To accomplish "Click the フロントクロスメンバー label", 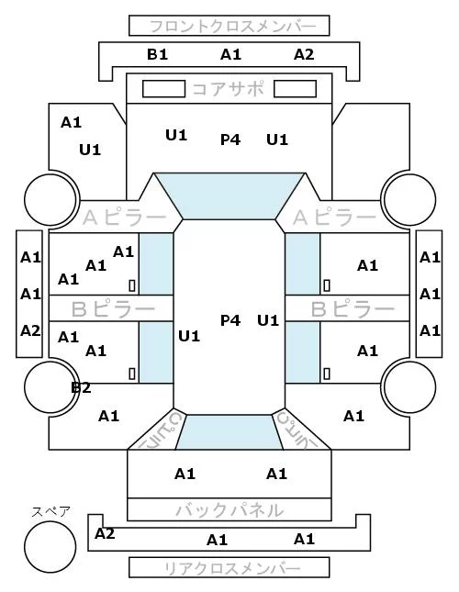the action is coord(232,26).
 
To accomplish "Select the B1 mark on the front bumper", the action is coord(157,54).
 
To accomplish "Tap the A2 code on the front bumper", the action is coord(304,54).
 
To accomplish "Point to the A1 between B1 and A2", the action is coord(230,54).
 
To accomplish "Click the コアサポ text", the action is coord(228,89).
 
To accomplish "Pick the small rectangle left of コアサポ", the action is coord(163,89).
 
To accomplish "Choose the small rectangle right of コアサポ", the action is coord(295,89).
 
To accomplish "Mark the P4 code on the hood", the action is coord(230,140).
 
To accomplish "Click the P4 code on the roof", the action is coord(230,320).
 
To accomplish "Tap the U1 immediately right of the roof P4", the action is coord(268,320).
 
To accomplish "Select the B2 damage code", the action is coord(81,387).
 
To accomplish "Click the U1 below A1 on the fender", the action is coord(90,150).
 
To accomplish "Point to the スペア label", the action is coord(51,512).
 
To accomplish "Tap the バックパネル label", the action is coord(229,510).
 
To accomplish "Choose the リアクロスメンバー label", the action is coord(232,568).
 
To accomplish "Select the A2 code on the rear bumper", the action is coord(105,533).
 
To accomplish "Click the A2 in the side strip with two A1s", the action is coord(30,330).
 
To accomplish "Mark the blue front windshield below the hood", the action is coord(229,195).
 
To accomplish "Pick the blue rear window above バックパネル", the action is coord(229,432).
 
